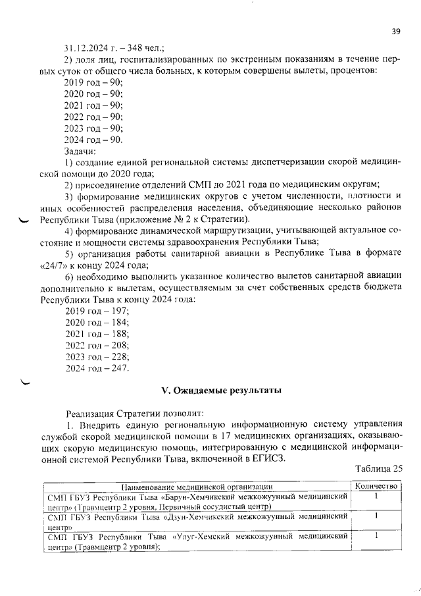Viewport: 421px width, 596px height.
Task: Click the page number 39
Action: (x=396, y=31)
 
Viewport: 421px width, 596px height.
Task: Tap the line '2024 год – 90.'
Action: (x=93, y=140)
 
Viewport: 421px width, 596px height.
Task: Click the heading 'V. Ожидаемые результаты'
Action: (x=222, y=391)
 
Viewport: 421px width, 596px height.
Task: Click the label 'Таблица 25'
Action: (x=378, y=470)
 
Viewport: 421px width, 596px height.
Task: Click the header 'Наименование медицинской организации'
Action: (x=197, y=486)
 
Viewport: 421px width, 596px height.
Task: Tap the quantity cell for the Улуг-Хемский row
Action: (x=376, y=537)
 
